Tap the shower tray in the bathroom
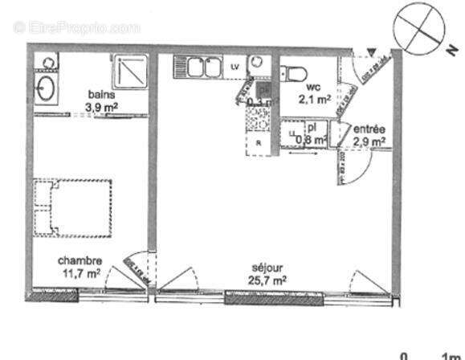[128, 71]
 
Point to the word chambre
[79, 260]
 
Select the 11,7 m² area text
[79, 272]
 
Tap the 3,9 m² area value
[102, 104]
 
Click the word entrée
[369, 129]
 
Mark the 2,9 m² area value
[369, 141]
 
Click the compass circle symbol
[418, 26]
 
